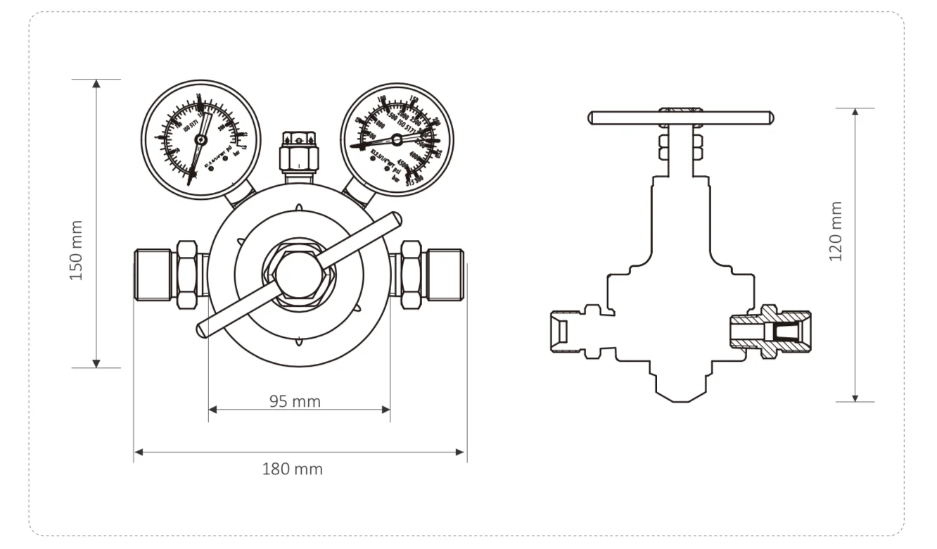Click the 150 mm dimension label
pyautogui.click(x=77, y=251)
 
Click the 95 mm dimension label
pyautogui.click(x=295, y=401)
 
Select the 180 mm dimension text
pyautogui.click(x=293, y=469)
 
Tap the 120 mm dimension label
pyautogui.click(x=836, y=231)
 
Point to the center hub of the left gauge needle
pyautogui.click(x=201, y=140)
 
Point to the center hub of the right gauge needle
pyautogui.click(x=397, y=140)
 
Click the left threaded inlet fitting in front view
pyautogui.click(x=153, y=274)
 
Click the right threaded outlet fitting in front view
pyautogui.click(x=445, y=274)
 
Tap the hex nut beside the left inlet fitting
pyautogui.click(x=187, y=274)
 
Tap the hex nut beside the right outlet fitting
pyautogui.click(x=410, y=274)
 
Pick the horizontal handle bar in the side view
pyautogui.click(x=680, y=118)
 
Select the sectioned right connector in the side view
pyautogui.click(x=770, y=332)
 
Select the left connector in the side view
pyautogui.click(x=573, y=332)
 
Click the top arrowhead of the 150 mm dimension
pyautogui.click(x=96, y=84)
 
